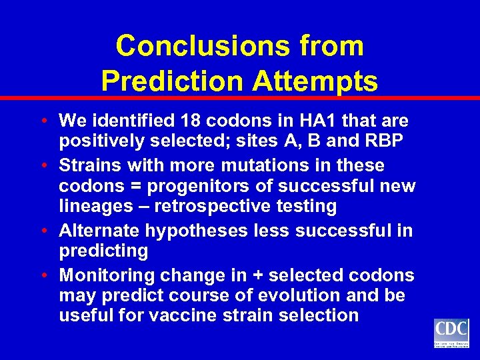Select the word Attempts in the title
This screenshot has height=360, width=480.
tap(315, 81)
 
